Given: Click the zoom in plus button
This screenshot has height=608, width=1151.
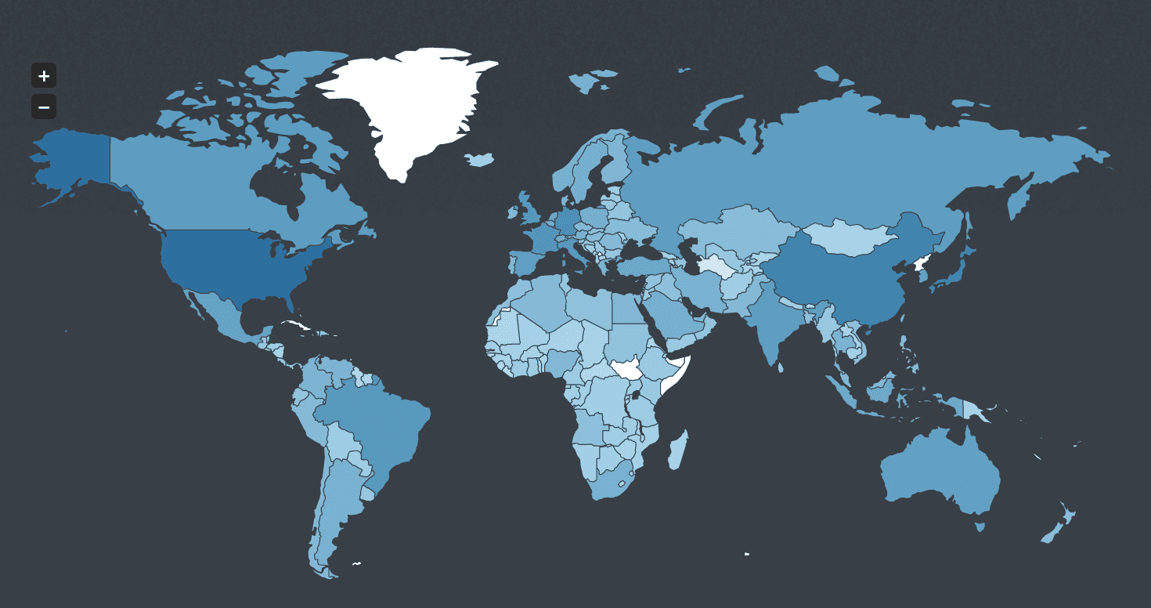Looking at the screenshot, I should click(x=44, y=76).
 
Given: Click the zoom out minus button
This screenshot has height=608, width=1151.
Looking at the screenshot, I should click(x=44, y=107).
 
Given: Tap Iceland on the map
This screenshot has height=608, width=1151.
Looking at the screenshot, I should click(x=480, y=160).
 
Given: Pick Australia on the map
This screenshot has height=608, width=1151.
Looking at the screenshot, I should click(x=940, y=470).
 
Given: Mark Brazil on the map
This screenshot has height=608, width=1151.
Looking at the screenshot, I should click(x=376, y=423).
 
